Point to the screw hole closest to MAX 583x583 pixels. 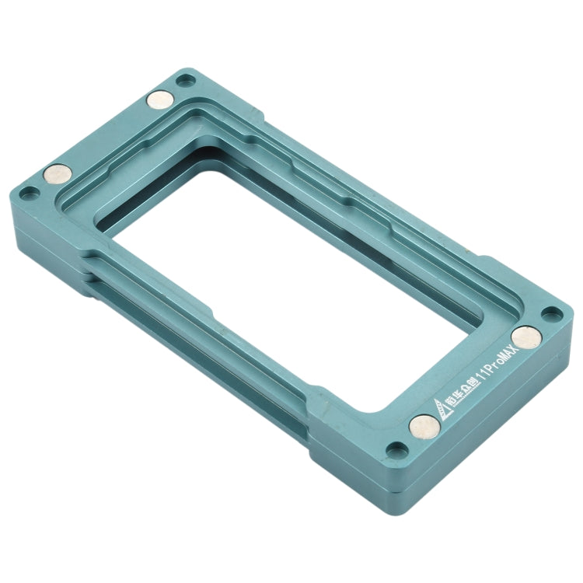[x=551, y=313]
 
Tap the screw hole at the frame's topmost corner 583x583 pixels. [x=184, y=79]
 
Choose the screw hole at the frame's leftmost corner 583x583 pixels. [x=29, y=191]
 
